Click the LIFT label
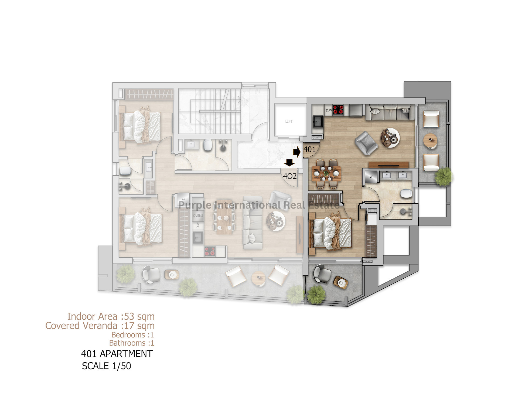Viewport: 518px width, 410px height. pyautogui.click(x=289, y=121)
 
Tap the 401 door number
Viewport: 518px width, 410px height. pyautogui.click(x=309, y=149)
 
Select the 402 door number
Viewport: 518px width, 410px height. pyautogui.click(x=290, y=176)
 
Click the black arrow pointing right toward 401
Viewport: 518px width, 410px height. pyautogui.click(x=297, y=152)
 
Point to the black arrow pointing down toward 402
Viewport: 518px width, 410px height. pyautogui.click(x=289, y=163)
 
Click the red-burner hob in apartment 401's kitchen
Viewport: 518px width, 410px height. pyautogui.click(x=338, y=110)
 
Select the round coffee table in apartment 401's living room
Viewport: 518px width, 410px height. pyautogui.click(x=390, y=138)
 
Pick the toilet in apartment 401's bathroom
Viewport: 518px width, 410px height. pyautogui.click(x=406, y=194)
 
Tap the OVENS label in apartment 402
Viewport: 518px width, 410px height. pyautogui.click(x=198, y=216)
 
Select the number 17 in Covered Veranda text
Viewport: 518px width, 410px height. pyautogui.click(x=129, y=326)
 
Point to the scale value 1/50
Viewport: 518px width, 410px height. pyautogui.click(x=122, y=366)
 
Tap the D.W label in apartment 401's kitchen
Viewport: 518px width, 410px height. pyautogui.click(x=329, y=110)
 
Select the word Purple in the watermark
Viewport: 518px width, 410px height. pyautogui.click(x=195, y=206)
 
